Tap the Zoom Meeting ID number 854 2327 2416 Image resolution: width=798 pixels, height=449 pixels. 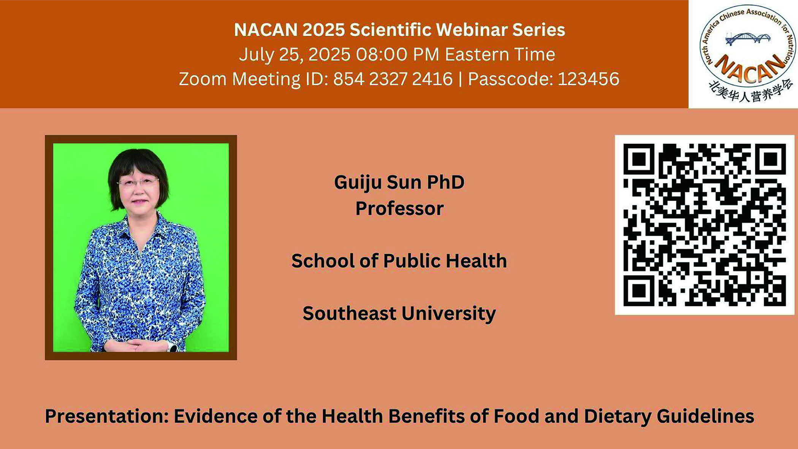click(x=393, y=79)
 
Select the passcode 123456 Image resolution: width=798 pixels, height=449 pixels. click(x=588, y=79)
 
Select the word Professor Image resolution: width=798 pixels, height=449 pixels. click(x=399, y=209)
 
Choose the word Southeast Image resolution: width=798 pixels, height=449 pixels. click(x=349, y=314)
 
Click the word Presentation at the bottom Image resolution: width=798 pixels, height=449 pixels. click(x=106, y=416)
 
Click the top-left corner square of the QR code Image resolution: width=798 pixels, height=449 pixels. click(x=639, y=159)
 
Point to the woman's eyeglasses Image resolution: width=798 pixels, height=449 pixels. click(x=138, y=182)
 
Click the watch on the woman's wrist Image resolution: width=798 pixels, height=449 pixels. click(x=172, y=347)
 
